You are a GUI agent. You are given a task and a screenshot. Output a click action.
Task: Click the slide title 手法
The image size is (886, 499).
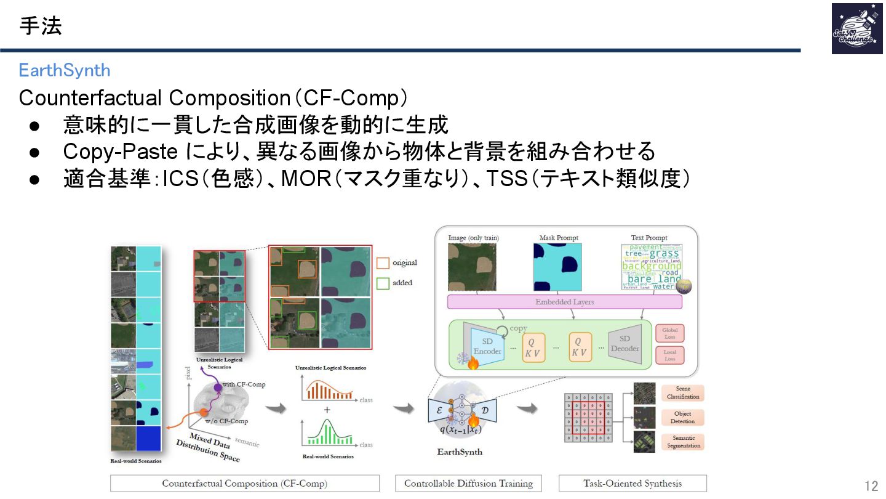41,26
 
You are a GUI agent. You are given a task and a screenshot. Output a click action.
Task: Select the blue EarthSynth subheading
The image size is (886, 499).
64,70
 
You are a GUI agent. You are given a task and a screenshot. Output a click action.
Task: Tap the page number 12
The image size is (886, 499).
871,485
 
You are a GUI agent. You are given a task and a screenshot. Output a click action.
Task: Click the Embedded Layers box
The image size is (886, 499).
564,302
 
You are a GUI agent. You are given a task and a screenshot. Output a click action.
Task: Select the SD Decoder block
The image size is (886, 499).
625,344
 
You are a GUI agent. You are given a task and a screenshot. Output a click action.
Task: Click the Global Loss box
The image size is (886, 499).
669,333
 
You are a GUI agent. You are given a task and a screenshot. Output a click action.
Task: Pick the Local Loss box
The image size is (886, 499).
669,355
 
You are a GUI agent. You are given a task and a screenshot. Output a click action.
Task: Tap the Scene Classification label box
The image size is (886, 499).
682,392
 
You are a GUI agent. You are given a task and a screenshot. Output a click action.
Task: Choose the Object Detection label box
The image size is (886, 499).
682,417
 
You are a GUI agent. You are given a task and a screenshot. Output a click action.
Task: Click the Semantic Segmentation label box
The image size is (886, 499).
682,442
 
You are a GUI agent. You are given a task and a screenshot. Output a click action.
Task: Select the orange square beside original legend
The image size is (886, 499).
383,263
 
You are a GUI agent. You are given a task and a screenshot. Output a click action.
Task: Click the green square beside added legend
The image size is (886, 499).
383,283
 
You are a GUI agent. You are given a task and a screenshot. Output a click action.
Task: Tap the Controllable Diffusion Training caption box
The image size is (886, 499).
468,483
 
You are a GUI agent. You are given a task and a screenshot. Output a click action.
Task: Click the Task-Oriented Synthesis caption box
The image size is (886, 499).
633,483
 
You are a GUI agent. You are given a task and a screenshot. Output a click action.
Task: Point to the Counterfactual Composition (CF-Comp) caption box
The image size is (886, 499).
244,483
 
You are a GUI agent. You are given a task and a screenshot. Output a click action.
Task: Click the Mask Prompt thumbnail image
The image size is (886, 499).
557,267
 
